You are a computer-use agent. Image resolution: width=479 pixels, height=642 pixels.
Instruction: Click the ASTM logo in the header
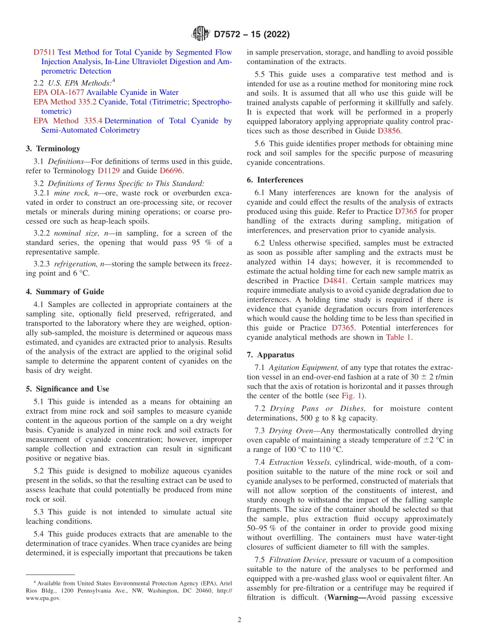(x=200, y=34)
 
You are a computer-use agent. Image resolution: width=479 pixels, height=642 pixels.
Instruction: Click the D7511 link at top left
(x=44, y=52)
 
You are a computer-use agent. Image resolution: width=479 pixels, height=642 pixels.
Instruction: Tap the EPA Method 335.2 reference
(x=65, y=102)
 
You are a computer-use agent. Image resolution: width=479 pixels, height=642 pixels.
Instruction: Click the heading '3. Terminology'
(x=53, y=148)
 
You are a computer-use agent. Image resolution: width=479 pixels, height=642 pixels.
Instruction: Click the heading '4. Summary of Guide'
(x=65, y=292)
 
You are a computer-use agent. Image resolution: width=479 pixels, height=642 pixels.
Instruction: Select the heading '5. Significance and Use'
(x=68, y=389)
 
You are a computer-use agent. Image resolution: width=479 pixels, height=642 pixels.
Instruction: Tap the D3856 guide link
(x=388, y=131)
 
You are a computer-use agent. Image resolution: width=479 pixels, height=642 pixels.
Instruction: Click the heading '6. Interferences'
(x=275, y=180)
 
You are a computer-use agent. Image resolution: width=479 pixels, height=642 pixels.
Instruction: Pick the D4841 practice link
(x=334, y=280)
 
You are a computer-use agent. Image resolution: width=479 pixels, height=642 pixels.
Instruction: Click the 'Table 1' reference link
(x=398, y=338)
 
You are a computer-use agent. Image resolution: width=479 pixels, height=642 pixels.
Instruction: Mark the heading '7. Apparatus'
(x=270, y=355)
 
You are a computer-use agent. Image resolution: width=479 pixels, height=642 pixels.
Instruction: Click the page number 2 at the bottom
(x=239, y=620)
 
